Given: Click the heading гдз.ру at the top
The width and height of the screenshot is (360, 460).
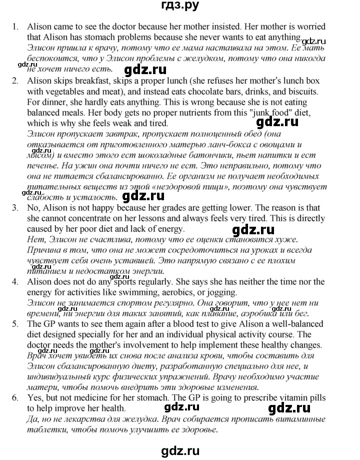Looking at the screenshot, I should (179, 7).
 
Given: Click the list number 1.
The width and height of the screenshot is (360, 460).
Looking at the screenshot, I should (15, 27).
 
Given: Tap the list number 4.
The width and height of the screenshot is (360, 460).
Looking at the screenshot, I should (15, 282).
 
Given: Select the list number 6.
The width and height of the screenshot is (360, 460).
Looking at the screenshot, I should (15, 397).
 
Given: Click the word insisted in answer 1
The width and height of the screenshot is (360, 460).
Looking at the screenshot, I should (234, 27).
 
